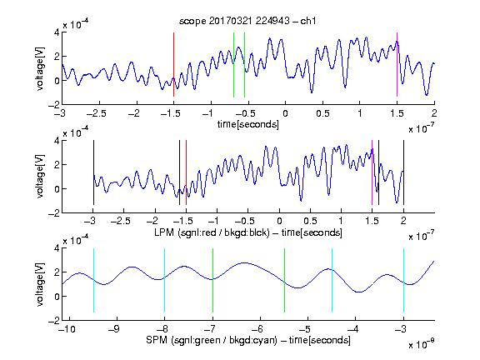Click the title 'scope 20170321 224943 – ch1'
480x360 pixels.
tap(247, 21)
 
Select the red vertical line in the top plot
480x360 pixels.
tap(173, 65)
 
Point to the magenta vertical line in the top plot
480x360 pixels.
tap(397, 65)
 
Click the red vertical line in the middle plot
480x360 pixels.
tap(186, 172)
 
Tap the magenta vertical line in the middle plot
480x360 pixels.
tap(372, 172)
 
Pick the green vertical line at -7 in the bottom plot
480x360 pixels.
tap(212, 280)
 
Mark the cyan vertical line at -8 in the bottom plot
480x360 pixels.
tap(165, 280)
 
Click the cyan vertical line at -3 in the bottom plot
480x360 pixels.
tap(403, 280)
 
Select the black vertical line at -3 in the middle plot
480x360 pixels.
tap(93, 172)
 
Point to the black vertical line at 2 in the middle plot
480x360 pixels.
tap(403, 172)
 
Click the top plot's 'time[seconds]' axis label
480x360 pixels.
tap(248, 124)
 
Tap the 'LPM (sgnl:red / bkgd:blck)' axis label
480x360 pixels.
tap(212, 232)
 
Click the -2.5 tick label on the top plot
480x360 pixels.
tap(96, 113)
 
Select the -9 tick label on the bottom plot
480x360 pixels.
tap(114, 329)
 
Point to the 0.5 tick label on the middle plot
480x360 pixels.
tap(310, 221)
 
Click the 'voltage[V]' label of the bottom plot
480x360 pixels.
tap(40, 284)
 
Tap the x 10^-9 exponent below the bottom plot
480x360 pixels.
tap(422, 344)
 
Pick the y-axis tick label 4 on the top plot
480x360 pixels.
tap(57, 32)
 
